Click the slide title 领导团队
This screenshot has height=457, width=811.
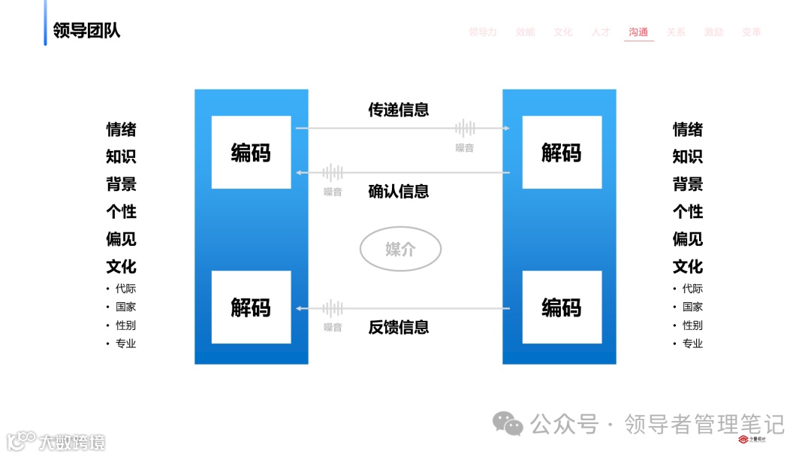click(86, 31)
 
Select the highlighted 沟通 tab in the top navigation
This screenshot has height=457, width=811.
click(638, 32)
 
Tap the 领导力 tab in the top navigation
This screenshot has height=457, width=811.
click(483, 32)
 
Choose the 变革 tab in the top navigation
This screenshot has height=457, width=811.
click(751, 32)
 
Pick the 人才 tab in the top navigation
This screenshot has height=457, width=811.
click(601, 32)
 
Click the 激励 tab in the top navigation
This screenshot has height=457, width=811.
click(713, 32)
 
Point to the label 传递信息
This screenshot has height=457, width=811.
click(398, 110)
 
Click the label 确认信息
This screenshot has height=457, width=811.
click(398, 192)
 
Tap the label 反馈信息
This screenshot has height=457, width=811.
click(398, 327)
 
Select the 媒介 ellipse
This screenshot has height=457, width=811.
click(400, 249)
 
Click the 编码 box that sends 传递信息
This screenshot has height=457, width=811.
click(251, 153)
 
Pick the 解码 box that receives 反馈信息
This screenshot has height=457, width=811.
click(251, 307)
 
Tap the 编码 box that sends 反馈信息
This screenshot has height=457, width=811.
click(562, 307)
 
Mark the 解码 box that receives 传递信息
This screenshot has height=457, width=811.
click(562, 153)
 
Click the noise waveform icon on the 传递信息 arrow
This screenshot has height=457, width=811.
click(465, 128)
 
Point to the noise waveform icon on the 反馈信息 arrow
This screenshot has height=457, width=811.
click(333, 308)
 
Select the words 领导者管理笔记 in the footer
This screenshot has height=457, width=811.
click(704, 425)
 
